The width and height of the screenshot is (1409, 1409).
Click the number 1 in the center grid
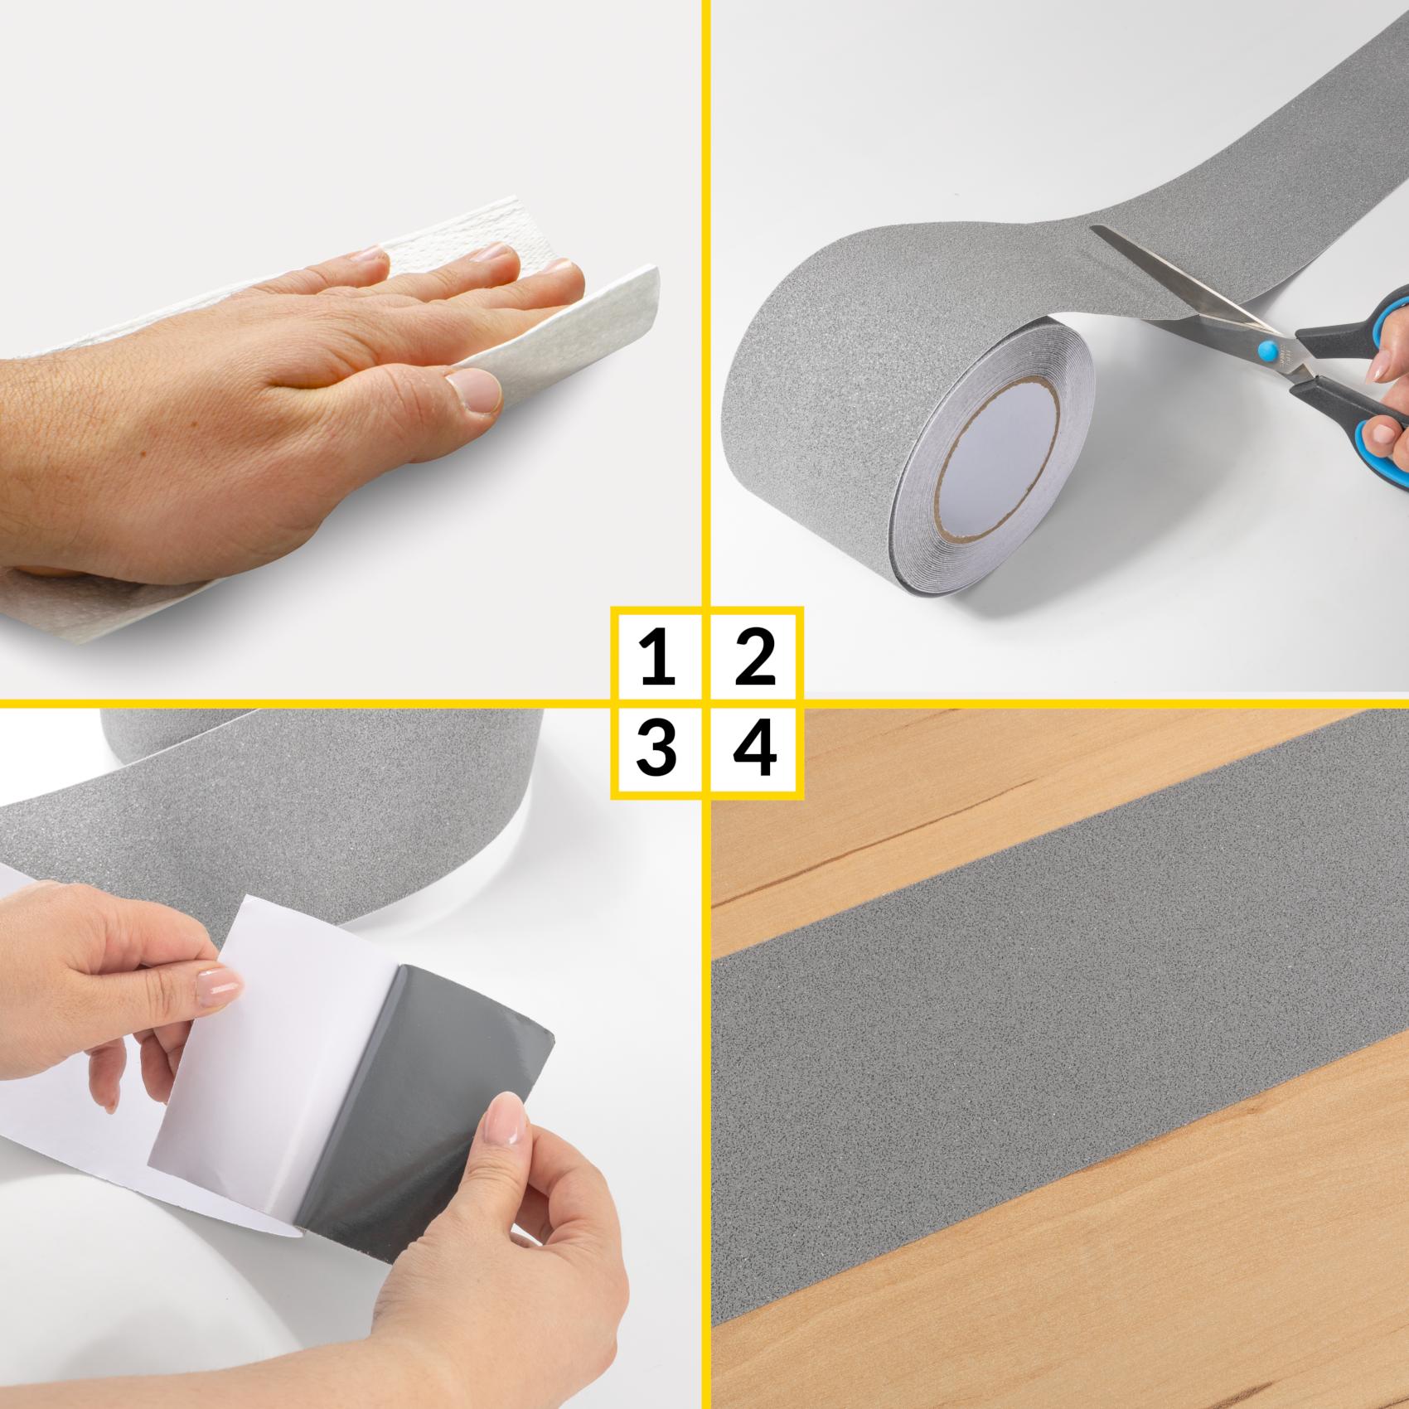[658, 657]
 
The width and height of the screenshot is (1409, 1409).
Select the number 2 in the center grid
[754, 657]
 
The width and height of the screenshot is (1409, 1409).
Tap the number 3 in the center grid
[656, 747]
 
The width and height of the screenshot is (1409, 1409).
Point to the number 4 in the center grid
[755, 747]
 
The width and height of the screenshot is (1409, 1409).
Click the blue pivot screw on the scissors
[1268, 350]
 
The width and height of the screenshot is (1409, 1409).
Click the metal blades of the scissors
[1177, 282]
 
